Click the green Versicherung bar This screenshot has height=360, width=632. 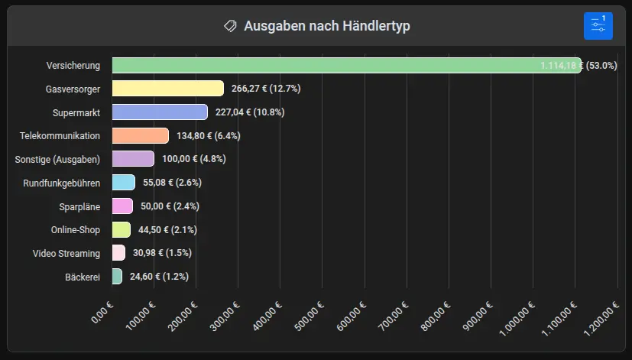click(344, 66)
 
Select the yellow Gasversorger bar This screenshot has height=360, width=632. click(167, 89)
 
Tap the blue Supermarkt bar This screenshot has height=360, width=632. click(160, 112)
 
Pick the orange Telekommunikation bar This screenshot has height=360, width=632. click(140, 136)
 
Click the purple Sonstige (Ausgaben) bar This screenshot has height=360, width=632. click(133, 159)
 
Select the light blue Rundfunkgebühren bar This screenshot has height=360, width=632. click(123, 183)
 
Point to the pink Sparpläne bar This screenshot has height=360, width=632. click(122, 206)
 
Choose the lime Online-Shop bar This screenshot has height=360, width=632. click(121, 229)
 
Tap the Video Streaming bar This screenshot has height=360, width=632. click(118, 253)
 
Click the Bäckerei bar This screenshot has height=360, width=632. click(117, 277)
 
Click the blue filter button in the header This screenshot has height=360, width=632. click(598, 26)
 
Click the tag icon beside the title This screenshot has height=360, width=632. click(230, 26)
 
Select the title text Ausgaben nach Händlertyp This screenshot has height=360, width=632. click(327, 26)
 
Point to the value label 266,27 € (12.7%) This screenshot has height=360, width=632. click(266, 89)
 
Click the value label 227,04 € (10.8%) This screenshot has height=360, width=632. click(250, 112)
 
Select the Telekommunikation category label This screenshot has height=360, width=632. click(60, 136)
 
